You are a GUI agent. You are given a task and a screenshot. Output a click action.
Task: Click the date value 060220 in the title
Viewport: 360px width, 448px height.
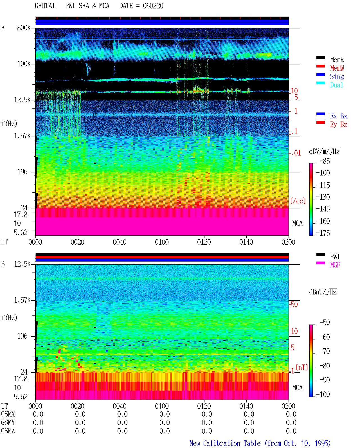click(153, 6)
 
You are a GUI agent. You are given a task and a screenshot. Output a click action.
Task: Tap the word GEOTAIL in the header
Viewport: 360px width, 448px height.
click(46, 6)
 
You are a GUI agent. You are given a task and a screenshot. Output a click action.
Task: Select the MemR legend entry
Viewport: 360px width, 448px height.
click(337, 60)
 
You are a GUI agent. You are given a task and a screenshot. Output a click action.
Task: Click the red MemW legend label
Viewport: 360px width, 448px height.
click(337, 68)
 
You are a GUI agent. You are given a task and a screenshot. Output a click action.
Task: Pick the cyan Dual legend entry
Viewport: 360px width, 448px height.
click(336, 85)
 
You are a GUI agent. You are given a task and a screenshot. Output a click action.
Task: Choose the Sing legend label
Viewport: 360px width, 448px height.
click(337, 76)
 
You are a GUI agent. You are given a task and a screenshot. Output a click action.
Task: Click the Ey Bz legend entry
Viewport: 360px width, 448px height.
click(338, 125)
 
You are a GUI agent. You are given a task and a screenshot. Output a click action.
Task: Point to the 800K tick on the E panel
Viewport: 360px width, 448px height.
click(24, 28)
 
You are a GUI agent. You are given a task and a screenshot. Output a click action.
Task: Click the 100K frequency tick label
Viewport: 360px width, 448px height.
click(24, 64)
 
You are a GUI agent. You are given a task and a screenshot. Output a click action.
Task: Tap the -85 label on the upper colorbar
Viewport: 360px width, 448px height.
click(325, 161)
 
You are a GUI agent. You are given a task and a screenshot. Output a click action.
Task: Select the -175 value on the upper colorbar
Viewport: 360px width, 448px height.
click(323, 233)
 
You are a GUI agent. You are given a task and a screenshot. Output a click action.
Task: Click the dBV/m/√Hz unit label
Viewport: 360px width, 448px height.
click(324, 151)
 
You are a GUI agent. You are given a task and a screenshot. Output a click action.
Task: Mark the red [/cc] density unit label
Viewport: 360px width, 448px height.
click(298, 201)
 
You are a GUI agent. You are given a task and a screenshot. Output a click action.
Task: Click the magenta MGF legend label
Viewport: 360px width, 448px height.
click(335, 265)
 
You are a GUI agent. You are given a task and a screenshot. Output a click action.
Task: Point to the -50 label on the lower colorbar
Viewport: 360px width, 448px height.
click(325, 323)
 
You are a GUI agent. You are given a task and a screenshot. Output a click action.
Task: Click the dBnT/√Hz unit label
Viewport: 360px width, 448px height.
click(323, 292)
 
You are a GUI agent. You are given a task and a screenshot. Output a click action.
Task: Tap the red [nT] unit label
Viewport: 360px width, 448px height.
click(302, 367)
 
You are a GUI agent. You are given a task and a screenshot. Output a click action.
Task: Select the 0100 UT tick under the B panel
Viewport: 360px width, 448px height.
click(162, 406)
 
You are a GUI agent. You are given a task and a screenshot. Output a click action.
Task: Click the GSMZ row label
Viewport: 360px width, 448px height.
click(8, 431)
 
